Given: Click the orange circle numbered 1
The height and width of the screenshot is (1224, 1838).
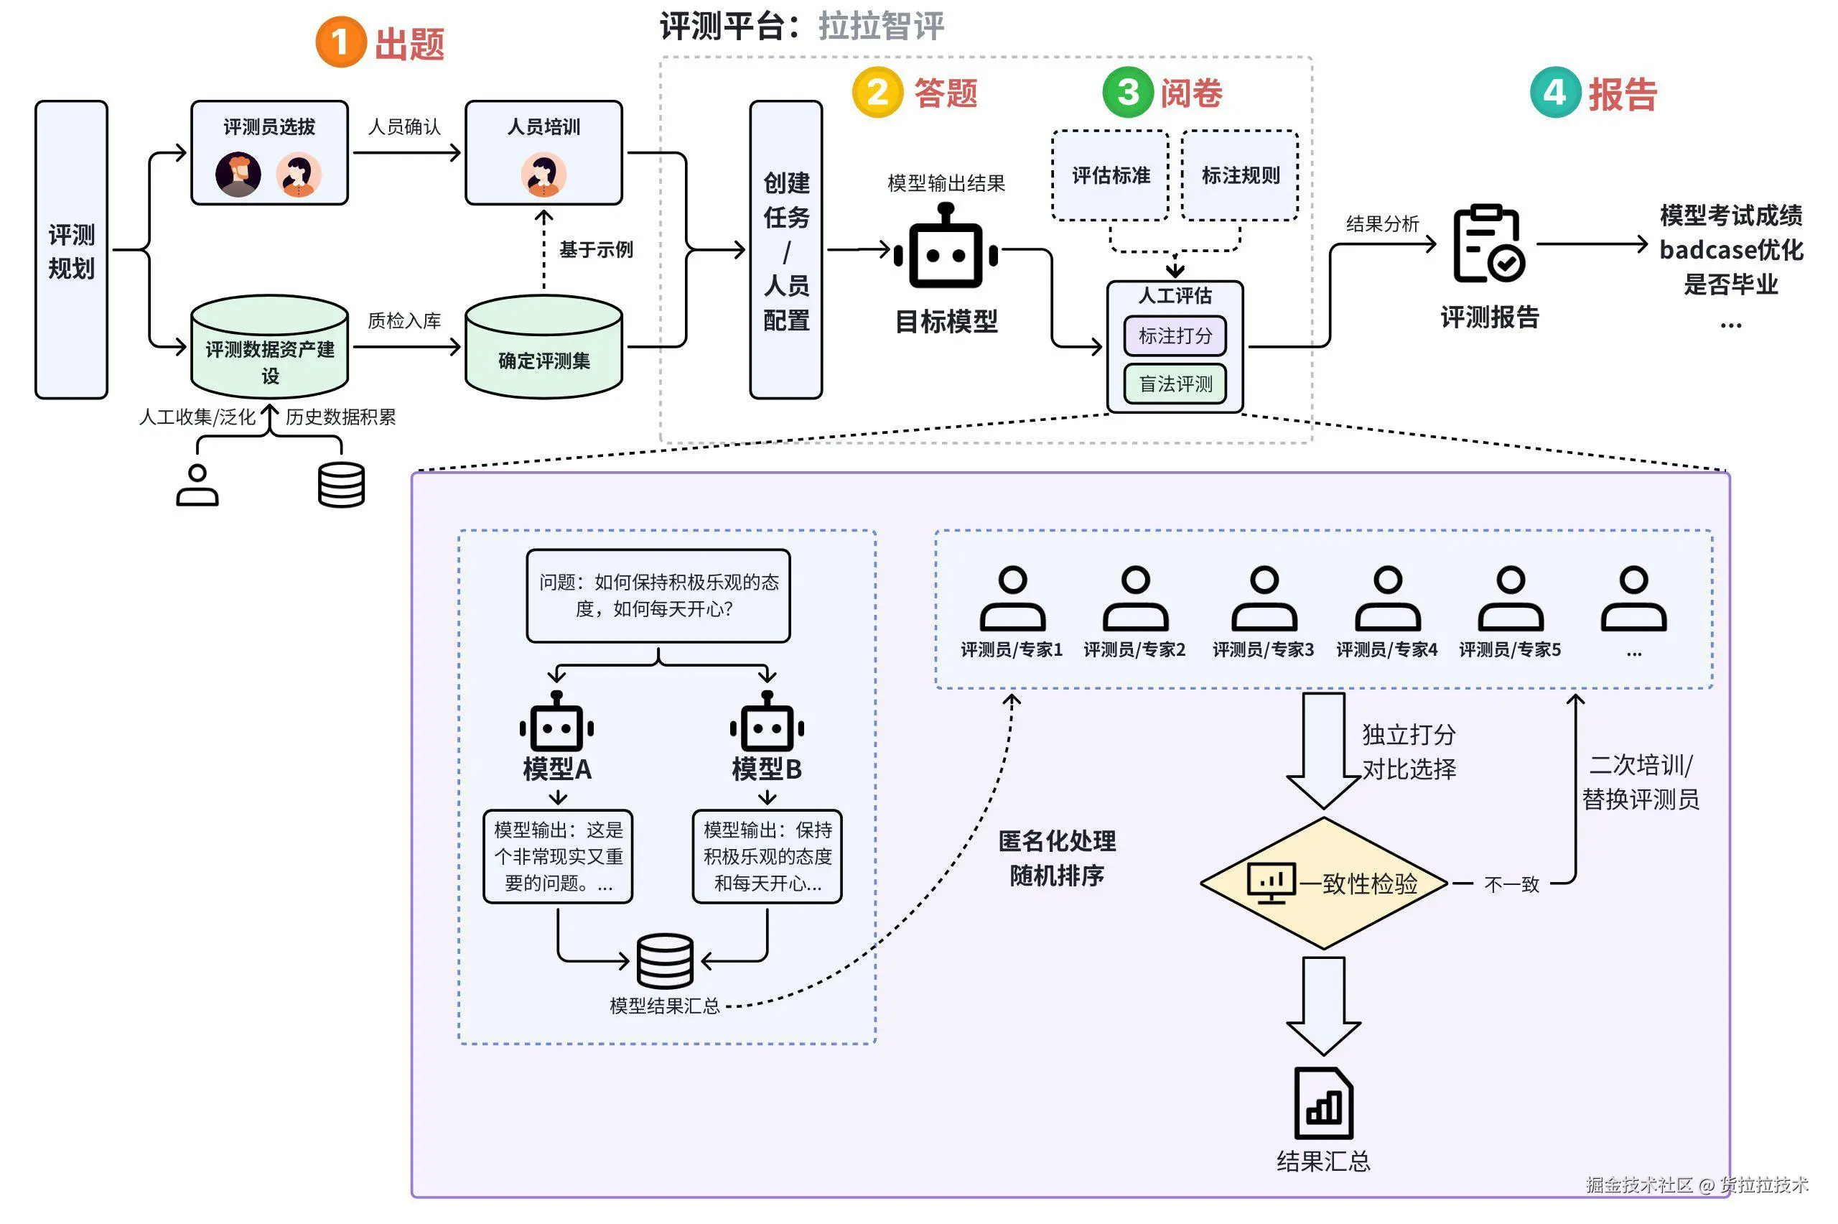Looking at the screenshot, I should click(x=340, y=42).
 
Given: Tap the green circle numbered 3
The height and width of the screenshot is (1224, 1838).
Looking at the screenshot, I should click(x=1127, y=92).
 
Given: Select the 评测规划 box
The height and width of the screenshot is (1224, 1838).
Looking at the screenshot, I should click(x=71, y=250).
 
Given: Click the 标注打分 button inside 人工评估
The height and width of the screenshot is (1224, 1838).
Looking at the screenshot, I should click(x=1175, y=335).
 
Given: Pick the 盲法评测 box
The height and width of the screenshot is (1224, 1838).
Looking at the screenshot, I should click(x=1175, y=384).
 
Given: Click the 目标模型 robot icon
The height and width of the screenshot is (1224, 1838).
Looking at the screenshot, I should click(x=946, y=249).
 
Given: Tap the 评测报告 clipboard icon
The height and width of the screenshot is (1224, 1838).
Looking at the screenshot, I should click(x=1488, y=244).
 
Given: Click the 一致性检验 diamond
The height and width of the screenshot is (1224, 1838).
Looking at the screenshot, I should click(x=1324, y=884).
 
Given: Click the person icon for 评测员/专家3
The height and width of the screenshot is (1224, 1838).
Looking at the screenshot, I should click(x=1264, y=600).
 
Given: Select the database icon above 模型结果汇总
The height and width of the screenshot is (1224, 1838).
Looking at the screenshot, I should click(x=665, y=961).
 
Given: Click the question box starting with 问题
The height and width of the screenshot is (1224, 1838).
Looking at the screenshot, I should click(x=658, y=595).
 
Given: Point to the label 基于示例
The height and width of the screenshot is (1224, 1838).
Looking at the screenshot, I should click(x=596, y=250).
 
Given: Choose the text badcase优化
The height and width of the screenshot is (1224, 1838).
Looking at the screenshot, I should click(x=1730, y=250).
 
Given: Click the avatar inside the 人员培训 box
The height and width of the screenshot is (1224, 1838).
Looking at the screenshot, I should click(x=544, y=174).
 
